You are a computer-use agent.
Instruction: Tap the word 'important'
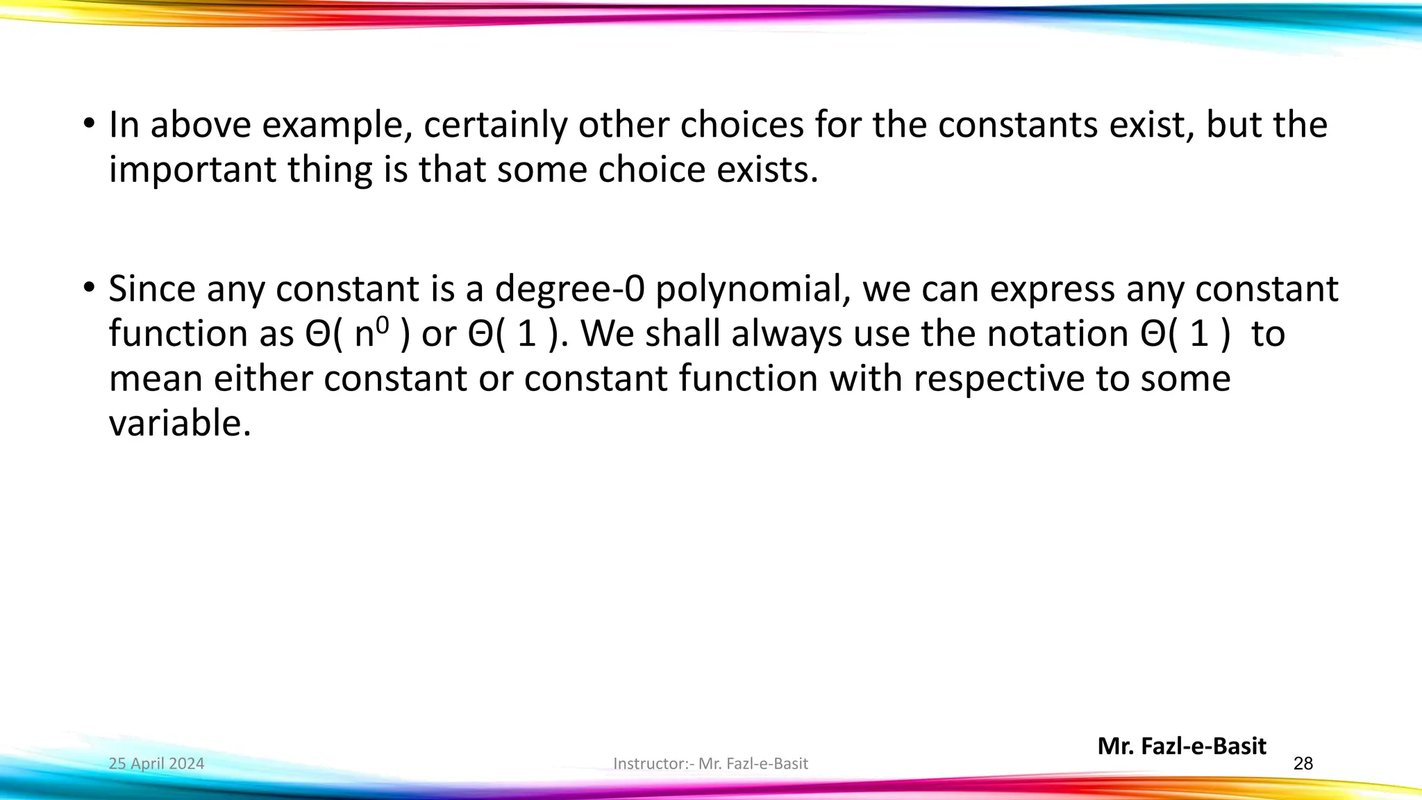[192, 170]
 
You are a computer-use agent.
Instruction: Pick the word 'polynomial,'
[753, 290]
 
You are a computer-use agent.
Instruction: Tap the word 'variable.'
[180, 424]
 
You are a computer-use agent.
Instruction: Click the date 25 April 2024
[156, 764]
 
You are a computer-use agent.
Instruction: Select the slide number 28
[1303, 764]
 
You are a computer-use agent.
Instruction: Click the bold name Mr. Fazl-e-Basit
[1182, 747]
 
